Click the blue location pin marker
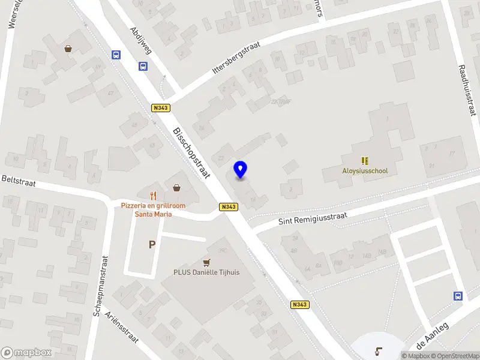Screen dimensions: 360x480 click(241, 170)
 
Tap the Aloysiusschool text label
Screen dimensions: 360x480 click(365, 171)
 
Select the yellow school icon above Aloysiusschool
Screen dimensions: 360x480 click(365, 161)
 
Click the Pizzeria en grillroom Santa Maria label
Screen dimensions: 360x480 click(154, 210)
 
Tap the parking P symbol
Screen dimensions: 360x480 click(152, 244)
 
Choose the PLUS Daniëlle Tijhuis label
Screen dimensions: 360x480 click(206, 272)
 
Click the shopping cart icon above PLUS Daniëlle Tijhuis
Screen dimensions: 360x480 click(207, 262)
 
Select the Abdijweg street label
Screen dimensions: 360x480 click(141, 40)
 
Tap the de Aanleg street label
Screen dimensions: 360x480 click(433, 336)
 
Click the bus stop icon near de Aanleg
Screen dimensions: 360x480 click(458, 296)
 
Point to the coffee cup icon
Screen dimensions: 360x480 click(379, 350)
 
